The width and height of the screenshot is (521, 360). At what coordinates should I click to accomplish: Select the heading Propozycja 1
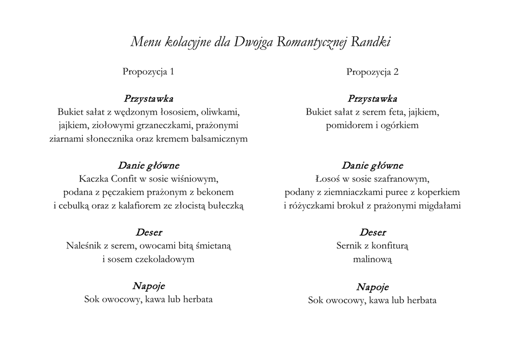point(148,72)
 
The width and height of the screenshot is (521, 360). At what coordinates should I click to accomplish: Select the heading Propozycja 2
point(372,72)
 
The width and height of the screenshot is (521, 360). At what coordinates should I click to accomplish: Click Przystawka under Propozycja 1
point(148,98)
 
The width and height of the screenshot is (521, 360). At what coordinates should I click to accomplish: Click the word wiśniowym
point(195,179)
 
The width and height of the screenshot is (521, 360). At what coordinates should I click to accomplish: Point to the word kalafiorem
point(159,206)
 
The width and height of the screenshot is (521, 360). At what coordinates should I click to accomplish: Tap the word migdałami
point(440,206)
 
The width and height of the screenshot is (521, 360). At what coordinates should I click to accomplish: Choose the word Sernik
point(350,246)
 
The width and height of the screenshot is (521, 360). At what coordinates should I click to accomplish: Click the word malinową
point(372,259)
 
